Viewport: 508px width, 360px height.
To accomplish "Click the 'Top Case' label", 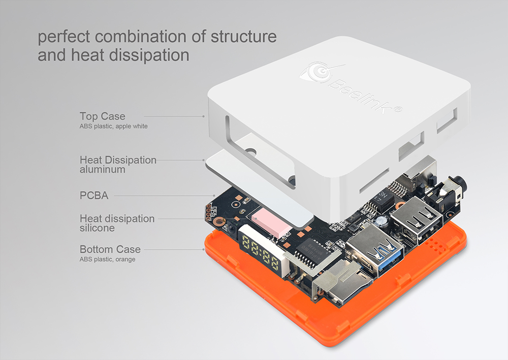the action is click(x=103, y=116).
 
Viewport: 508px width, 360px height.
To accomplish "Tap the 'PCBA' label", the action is click(x=94, y=196).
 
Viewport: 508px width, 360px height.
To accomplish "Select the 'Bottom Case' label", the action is click(x=110, y=249).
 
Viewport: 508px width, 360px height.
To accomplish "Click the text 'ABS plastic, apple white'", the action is click(x=113, y=126).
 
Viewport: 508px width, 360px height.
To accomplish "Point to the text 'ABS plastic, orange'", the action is click(x=108, y=259).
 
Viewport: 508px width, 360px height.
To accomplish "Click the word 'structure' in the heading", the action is click(x=244, y=36).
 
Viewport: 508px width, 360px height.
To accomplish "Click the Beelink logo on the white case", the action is click(x=351, y=87).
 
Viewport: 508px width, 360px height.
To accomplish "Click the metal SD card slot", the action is click(x=340, y=282).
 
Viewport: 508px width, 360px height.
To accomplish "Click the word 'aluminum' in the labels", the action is click(x=103, y=169).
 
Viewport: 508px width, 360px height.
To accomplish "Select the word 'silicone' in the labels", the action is click(x=97, y=228).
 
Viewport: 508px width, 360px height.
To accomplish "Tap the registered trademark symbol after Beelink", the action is click(x=398, y=109).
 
